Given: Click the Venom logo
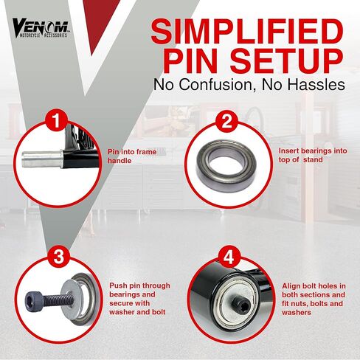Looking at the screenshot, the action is [41, 28].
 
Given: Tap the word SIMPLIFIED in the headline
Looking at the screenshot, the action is [247, 31].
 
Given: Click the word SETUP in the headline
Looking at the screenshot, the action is [286, 61].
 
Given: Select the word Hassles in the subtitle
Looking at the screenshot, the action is [316, 85].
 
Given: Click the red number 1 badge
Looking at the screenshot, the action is [56, 120].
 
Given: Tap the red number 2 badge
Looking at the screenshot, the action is [227, 122].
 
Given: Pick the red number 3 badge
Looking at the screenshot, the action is [59, 256].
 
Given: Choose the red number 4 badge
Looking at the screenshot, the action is [229, 258].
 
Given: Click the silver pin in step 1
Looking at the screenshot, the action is [42, 159].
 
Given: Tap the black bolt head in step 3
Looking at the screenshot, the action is [35, 300].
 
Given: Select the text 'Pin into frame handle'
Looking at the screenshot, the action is [132, 156].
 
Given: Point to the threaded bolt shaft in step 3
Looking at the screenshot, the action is [59, 300].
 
